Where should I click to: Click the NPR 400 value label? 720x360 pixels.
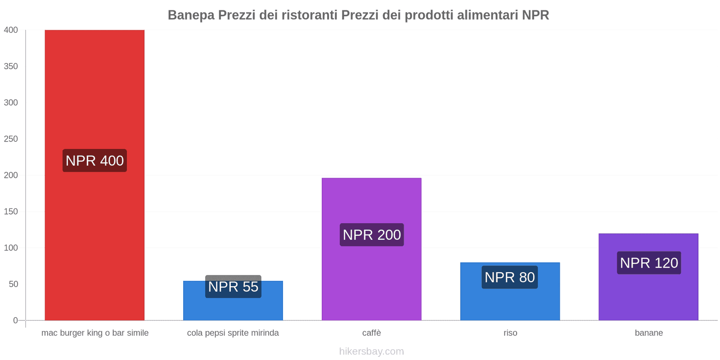(94, 161)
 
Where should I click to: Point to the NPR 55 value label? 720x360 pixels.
(233, 287)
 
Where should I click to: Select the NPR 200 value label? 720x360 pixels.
(372, 235)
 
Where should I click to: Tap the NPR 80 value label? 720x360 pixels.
(510, 277)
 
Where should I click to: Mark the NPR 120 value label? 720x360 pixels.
(649, 263)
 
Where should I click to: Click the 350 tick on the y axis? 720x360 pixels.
(11, 66)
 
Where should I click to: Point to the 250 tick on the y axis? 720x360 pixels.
(11, 139)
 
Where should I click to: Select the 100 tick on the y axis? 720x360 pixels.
(11, 248)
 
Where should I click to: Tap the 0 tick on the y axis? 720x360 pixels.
(15, 320)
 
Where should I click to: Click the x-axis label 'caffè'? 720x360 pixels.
(372, 333)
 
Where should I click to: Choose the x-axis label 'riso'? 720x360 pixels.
(510, 333)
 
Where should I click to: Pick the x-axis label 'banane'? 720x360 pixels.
(649, 333)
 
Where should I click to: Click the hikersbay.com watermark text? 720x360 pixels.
(372, 351)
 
